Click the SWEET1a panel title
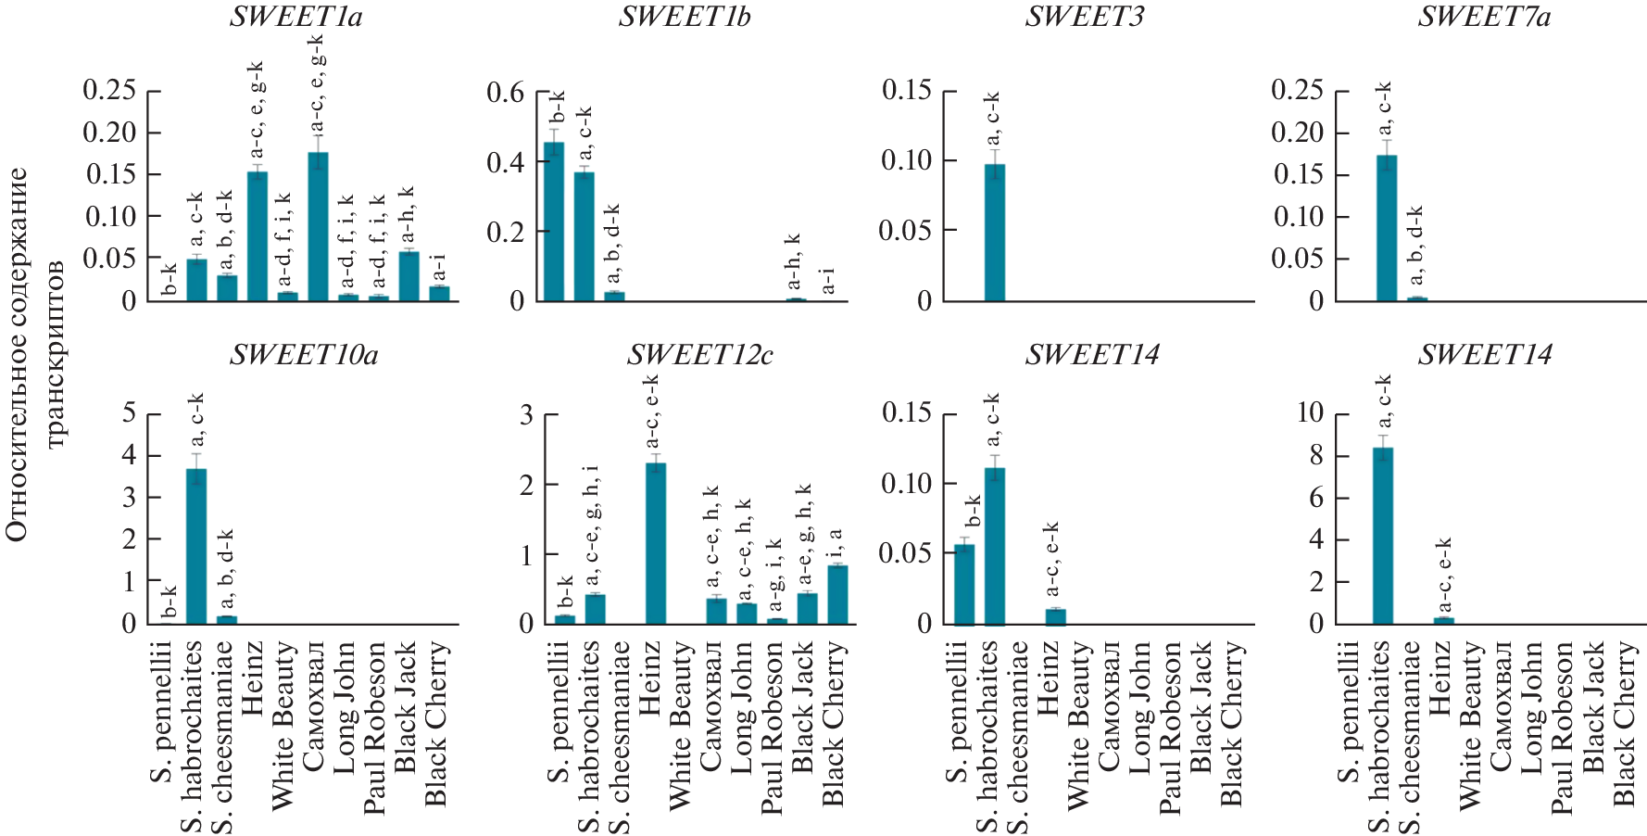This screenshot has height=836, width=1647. coord(296,17)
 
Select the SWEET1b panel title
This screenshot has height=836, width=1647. coord(685,17)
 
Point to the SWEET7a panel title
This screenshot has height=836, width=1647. coord(1484,17)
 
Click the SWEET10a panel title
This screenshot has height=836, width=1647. coord(304,355)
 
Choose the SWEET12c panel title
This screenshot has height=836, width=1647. coord(700,355)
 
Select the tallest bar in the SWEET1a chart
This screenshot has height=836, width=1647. coord(318,227)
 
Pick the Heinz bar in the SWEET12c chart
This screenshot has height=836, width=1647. coord(655,543)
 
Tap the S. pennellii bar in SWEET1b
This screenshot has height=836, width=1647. coord(554,222)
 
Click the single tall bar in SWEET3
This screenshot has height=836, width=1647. coord(994,233)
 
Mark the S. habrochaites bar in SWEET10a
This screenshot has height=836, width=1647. coord(196,547)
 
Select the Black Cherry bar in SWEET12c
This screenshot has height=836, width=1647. coord(837,594)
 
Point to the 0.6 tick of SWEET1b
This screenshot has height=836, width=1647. coord(506,92)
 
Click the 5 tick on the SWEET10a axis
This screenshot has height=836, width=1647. coord(129,412)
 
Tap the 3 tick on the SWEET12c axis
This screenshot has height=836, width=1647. coord(526,414)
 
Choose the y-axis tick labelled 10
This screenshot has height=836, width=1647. coord(1310,412)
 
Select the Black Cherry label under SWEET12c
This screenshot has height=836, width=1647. coord(834,724)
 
